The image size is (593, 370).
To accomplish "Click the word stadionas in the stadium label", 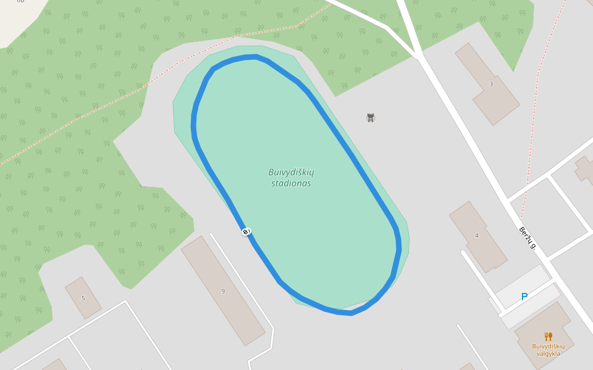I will (291, 183).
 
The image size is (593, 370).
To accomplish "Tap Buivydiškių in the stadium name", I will (291, 172).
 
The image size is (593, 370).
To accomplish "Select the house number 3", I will (491, 84).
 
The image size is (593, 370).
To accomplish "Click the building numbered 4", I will (477, 236).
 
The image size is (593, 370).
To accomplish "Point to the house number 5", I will (83, 298).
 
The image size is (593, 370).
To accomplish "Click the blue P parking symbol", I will (524, 297).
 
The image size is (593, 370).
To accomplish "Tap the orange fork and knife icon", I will (548, 337).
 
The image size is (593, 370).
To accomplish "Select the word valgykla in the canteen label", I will (548, 353).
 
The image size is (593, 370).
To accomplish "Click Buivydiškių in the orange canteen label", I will (548, 346).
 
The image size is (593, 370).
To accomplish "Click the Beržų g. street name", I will (527, 238).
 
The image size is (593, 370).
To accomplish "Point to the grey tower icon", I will (371, 117).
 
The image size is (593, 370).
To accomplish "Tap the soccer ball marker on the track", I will (246, 231).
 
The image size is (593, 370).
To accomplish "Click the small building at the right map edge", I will (585, 170).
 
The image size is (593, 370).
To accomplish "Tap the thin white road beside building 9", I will (241, 277).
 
